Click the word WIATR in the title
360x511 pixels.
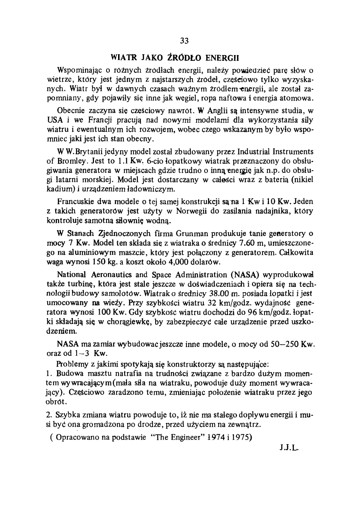pos(122,57)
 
